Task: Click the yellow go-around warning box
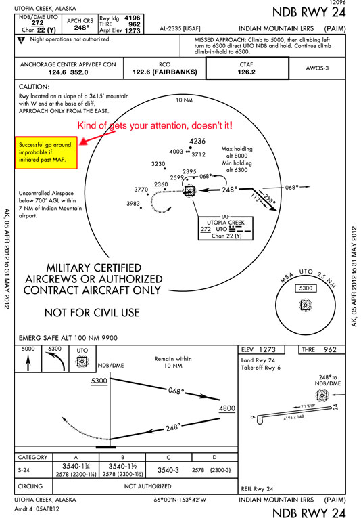46,154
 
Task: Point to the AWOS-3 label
316,68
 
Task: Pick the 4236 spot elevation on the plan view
197,141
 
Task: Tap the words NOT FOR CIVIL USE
92,312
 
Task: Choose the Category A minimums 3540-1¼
77,467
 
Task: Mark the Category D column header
214,457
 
